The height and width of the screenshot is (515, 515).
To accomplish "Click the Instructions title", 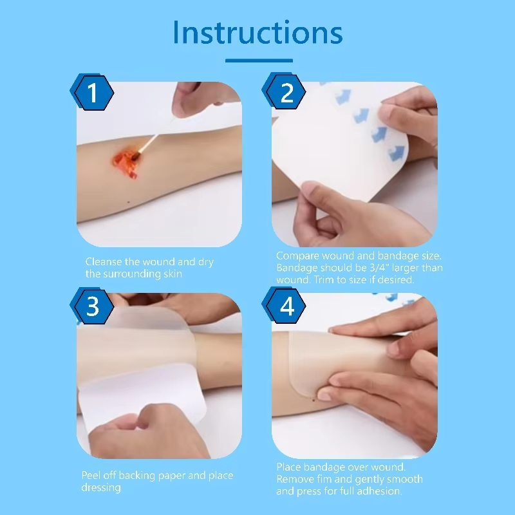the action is coord(258,32).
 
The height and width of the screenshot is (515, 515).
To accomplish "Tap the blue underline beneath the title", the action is coord(259,61).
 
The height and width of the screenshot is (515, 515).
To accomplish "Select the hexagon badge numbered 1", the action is coord(92,92).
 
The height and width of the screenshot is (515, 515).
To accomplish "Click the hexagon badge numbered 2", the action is coord(284,91).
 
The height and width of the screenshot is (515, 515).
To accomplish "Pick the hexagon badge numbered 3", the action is coord(92,306).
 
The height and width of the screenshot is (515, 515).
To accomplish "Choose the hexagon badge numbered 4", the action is coord(284,306).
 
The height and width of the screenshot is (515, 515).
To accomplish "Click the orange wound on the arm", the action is coord(125,164).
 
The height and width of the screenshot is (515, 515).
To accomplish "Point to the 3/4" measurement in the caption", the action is coord(379,268).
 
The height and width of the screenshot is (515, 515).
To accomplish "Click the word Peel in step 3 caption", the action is coord(91,475).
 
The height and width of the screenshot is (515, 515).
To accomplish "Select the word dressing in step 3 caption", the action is coord(101,488).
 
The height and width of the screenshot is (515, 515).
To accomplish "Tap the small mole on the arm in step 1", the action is coord(128,202).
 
